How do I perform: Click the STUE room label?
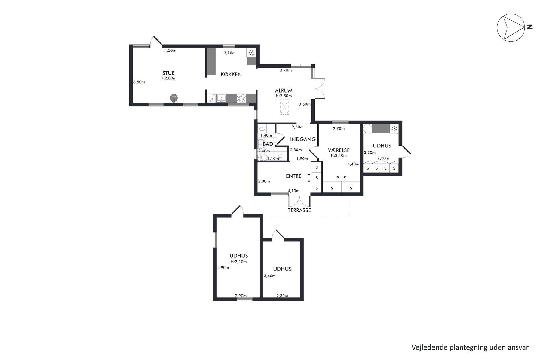pyautogui.click(x=168, y=73)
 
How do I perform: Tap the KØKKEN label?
pyautogui.click(x=231, y=74)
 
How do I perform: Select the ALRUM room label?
pyautogui.click(x=284, y=91)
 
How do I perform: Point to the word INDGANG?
pyautogui.click(x=303, y=139)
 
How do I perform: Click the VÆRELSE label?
pyautogui.click(x=339, y=150)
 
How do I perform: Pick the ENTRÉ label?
pyautogui.click(x=294, y=176)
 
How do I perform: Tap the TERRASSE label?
pyautogui.click(x=299, y=210)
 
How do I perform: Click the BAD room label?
pyautogui.click(x=268, y=144)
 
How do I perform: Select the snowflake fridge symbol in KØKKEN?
pyautogui.click(x=251, y=53)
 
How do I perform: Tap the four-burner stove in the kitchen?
pyautogui.click(x=241, y=98)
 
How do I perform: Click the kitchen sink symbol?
pyautogui.click(x=222, y=98)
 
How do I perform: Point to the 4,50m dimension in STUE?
pyautogui.click(x=170, y=50)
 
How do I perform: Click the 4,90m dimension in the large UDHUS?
pyautogui.click(x=223, y=267)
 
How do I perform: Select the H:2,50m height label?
pyautogui.click(x=284, y=96)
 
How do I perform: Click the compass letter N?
pyautogui.click(x=529, y=27)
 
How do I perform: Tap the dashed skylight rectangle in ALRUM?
pyautogui.click(x=285, y=107)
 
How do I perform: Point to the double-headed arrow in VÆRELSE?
pyautogui.click(x=341, y=177)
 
